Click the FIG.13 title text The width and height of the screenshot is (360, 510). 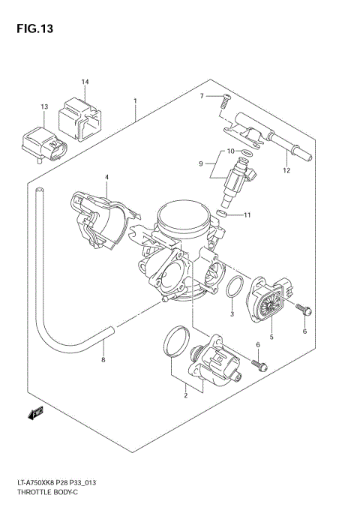[x=33, y=28]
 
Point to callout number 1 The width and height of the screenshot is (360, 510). [x=135, y=100]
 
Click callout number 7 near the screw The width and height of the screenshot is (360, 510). [x=202, y=96]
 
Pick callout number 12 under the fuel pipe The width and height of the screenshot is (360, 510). [x=286, y=170]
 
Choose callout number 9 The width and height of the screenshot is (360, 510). [x=201, y=163]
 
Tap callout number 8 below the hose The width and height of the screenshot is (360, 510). [x=103, y=361]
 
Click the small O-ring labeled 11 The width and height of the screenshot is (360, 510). [x=221, y=214]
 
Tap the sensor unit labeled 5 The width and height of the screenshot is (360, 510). [x=268, y=299]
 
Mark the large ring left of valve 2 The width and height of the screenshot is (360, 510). [x=176, y=342]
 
